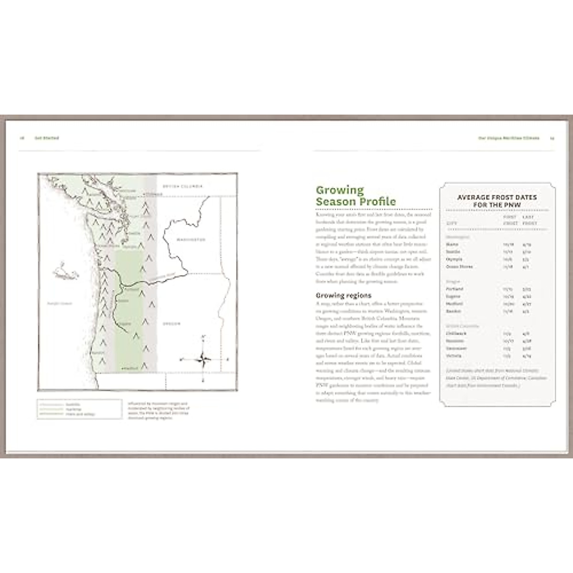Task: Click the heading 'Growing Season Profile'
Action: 356,196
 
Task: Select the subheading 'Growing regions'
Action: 343,295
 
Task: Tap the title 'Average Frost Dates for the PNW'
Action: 497,201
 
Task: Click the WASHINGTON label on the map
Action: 191,239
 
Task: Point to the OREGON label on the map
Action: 171,324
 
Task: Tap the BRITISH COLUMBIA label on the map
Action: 182,186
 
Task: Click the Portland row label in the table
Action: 454,289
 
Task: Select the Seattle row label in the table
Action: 453,252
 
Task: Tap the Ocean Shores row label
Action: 459,266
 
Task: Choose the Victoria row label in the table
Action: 454,356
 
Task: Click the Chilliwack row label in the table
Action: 456,334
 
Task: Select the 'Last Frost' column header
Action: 530,220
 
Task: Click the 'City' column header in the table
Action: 451,223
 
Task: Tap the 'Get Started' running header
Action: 46,138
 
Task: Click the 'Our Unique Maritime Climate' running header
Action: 509,138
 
